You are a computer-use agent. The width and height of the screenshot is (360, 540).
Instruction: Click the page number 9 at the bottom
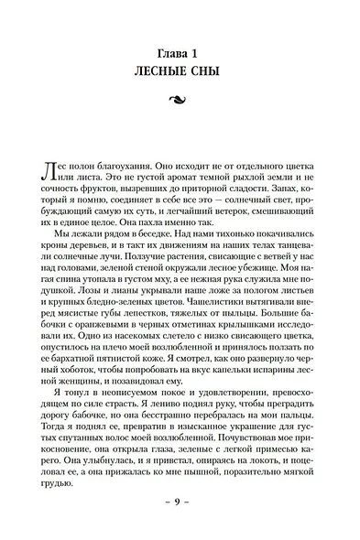(180, 504)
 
